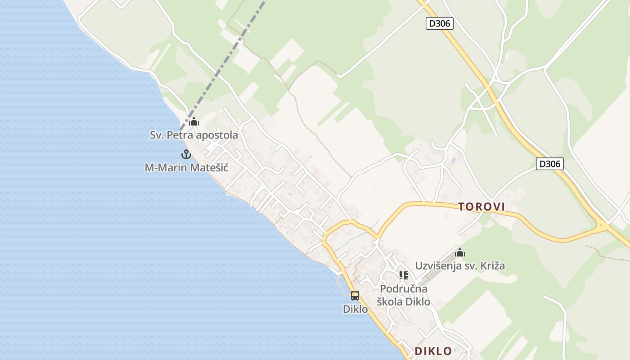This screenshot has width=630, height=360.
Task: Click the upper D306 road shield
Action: [x=439, y=23]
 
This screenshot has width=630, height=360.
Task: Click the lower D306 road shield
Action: [x=549, y=164]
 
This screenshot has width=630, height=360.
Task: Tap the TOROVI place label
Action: [x=481, y=207]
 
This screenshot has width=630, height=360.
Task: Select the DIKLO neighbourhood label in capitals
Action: [x=433, y=351]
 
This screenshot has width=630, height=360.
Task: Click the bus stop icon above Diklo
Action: [x=355, y=296]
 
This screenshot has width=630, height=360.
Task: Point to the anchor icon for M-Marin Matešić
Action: [x=186, y=154]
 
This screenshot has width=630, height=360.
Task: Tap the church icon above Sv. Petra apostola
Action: [x=194, y=121]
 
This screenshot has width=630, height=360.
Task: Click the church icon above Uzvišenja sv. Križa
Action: [x=460, y=252]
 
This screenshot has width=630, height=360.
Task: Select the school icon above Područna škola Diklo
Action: [x=403, y=275]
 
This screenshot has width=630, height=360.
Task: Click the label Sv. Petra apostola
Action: [x=194, y=135]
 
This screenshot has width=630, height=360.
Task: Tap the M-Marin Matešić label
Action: [x=186, y=168]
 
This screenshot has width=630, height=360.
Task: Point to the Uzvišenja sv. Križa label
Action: [x=460, y=265]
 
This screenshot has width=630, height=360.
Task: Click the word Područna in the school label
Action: [x=404, y=288]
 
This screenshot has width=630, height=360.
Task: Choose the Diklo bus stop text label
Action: [x=355, y=309]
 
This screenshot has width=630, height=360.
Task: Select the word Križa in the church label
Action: [x=492, y=265]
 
